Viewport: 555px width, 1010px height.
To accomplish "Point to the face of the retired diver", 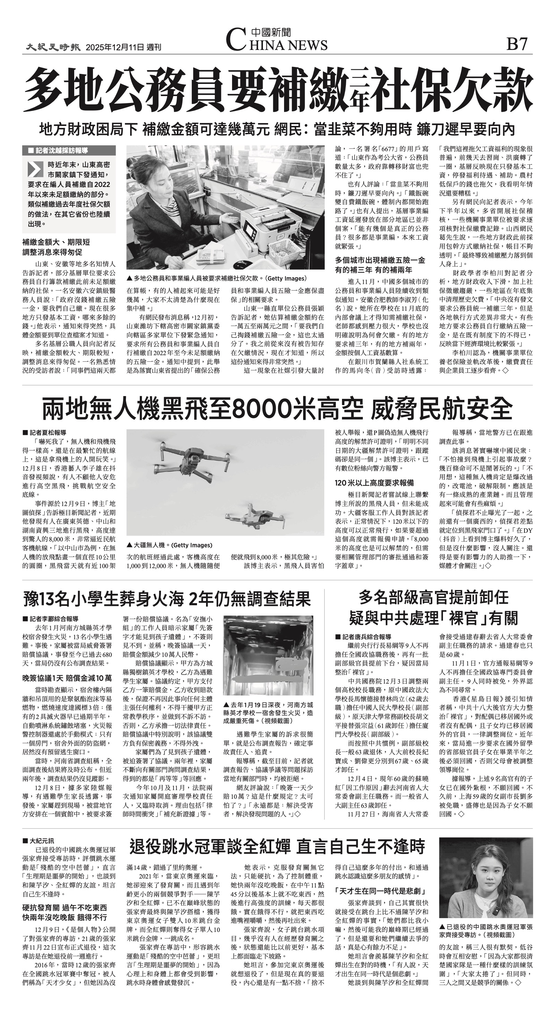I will click(485, 880).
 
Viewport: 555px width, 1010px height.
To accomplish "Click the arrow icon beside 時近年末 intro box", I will click(35, 169).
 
